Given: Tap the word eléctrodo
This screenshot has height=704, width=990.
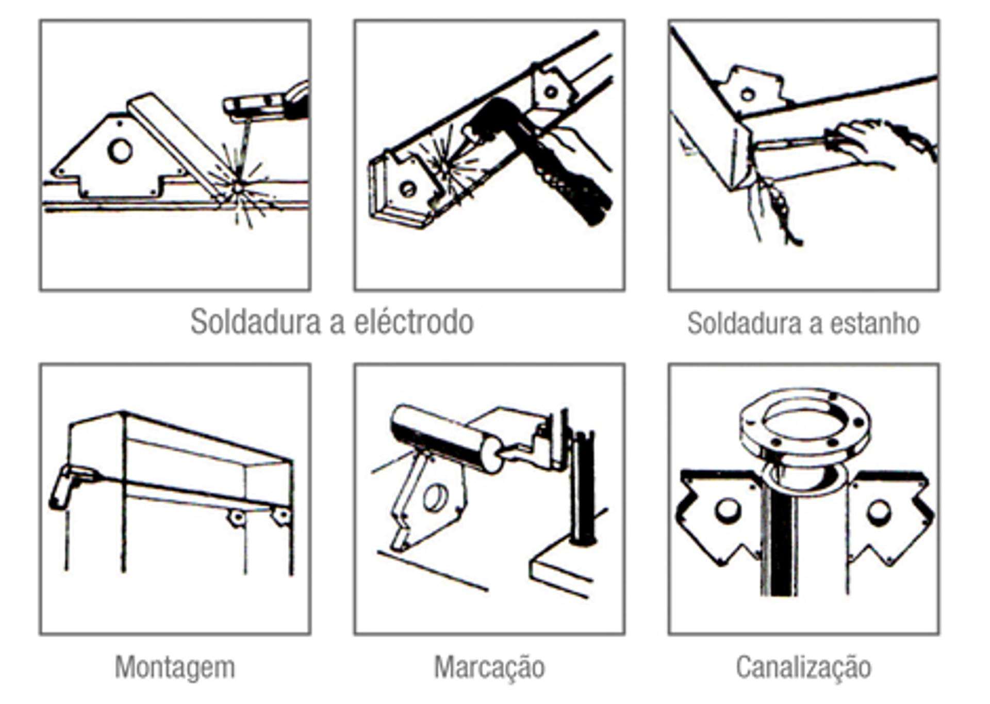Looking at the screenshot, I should [x=414, y=322].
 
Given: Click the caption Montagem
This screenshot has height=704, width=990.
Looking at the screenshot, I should [x=175, y=667].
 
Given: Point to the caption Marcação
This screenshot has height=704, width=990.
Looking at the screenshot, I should [x=489, y=667].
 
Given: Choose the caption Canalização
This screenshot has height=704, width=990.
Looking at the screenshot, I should [x=803, y=667].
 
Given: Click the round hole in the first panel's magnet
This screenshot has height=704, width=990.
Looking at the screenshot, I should [x=120, y=151].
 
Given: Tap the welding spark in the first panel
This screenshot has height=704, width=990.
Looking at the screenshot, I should [x=238, y=187].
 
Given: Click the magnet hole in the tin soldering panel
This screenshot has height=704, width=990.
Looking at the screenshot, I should [x=747, y=94].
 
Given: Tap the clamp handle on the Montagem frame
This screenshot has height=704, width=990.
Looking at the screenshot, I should [x=62, y=488].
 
